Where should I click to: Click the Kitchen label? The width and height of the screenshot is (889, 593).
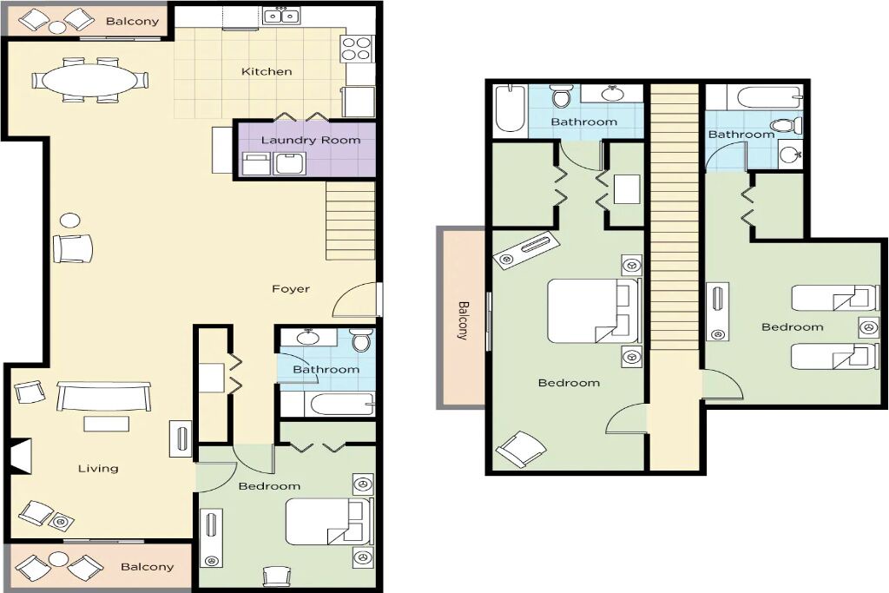pos(267,71)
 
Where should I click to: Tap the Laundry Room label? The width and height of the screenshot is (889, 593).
pos(311,140)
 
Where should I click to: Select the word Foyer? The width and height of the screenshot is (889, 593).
pos(291,288)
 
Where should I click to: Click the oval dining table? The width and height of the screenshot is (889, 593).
pos(90,80)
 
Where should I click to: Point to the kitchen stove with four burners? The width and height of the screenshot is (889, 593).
pos(356,49)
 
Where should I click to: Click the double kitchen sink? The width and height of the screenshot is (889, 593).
pos(282,16)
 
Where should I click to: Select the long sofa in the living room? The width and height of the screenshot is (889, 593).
pos(104,396)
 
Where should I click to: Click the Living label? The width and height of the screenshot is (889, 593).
pos(98,468)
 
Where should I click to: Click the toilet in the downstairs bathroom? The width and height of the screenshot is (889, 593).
pos(360,340)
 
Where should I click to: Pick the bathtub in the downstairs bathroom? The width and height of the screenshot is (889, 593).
pos(339,405)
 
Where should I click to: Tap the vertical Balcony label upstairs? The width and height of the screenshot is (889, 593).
pos(464,320)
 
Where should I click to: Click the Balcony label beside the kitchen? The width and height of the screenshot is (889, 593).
pos(132,22)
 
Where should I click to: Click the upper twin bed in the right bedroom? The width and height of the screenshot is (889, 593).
pos(829,298)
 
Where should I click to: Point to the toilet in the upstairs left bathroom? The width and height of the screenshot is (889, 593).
pos(562,97)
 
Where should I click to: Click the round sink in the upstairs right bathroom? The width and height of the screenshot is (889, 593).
pos(788,153)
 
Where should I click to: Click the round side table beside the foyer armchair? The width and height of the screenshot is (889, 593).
pos(70,220)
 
